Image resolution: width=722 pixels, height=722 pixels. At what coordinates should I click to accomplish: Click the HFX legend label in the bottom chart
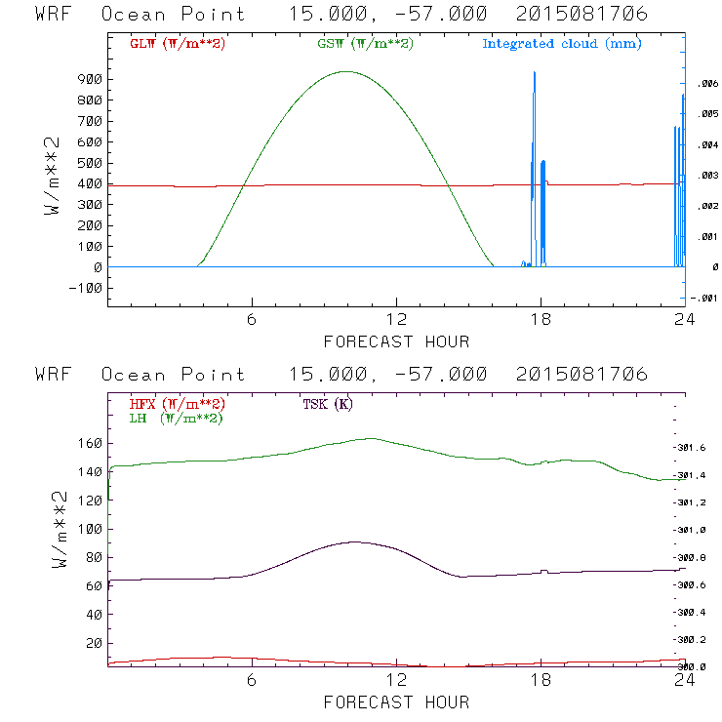pos(178,404)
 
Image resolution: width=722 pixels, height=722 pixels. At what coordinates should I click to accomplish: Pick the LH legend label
pos(176,418)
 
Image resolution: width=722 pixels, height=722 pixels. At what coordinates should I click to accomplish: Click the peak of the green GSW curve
pos(345,71)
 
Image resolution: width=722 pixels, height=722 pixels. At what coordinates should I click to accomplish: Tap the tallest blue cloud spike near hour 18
pos(534,72)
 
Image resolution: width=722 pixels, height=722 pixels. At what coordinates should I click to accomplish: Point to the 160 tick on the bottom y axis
pos(90,443)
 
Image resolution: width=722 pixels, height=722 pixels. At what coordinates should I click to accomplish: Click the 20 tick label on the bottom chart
pos(94,643)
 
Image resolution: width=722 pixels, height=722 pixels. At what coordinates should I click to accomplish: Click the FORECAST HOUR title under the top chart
pos(396,341)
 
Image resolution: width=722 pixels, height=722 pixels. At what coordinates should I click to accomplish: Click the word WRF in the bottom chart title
pos(53,375)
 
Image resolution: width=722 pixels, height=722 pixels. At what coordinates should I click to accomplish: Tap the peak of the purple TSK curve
pos(353,541)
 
